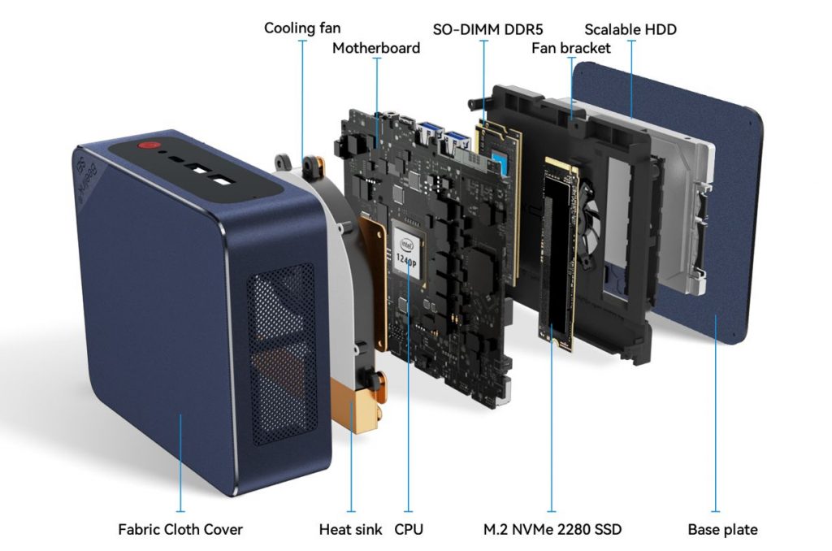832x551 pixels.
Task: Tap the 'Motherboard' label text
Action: pos(376,48)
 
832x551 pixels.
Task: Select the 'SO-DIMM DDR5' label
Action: pos(483,29)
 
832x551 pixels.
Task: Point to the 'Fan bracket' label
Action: pos(570,48)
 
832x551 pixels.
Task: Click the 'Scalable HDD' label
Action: pos(630,29)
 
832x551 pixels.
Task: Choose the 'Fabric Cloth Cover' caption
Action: pos(180,530)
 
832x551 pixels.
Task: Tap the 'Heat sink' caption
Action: pos(350,530)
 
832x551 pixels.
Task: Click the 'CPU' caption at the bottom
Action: pos(409,530)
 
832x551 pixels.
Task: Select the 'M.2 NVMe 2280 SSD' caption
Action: pos(552,530)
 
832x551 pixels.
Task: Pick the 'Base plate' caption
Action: pos(722,530)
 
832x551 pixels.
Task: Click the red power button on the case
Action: pos(147,147)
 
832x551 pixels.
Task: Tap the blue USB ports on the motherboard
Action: pos(443,137)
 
